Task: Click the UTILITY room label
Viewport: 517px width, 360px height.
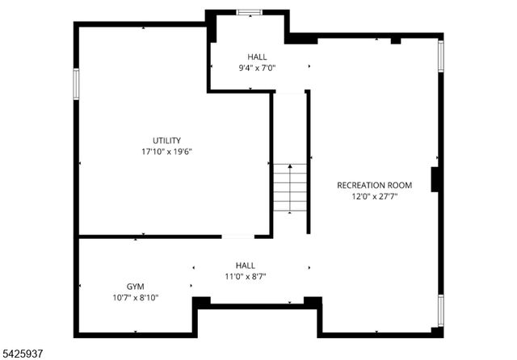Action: (166, 140)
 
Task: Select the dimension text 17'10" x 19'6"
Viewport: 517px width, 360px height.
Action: (166, 151)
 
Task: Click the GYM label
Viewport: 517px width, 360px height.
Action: (137, 287)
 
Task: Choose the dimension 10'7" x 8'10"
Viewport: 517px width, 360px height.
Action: (137, 297)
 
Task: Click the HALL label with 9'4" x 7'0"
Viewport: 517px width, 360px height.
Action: (257, 57)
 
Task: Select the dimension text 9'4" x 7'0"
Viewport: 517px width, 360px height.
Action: (257, 68)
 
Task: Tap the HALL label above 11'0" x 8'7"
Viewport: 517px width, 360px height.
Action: (246, 265)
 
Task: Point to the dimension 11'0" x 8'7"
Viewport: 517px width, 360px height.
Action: (246, 276)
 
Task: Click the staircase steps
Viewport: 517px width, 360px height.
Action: (289, 189)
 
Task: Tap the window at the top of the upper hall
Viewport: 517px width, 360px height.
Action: (248, 11)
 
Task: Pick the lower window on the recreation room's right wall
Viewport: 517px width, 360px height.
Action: (440, 310)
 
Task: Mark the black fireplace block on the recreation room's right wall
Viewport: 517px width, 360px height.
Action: (435, 179)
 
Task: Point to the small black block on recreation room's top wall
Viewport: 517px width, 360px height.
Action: (395, 40)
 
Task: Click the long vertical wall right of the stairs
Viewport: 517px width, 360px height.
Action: (308, 161)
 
